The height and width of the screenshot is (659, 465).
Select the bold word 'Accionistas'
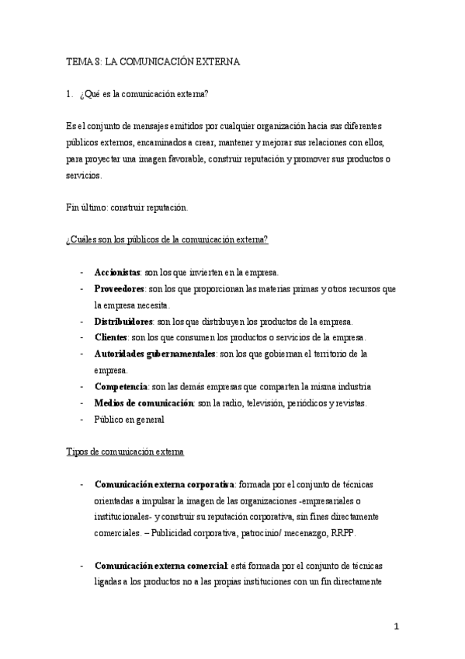116,273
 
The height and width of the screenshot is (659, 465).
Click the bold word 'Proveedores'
120,288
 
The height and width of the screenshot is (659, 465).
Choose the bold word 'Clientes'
110,337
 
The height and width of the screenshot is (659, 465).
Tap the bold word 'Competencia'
120,386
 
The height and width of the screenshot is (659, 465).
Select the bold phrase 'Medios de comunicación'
143,403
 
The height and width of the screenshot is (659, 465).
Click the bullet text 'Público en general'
129,419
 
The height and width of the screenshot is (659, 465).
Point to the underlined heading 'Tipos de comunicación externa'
124,452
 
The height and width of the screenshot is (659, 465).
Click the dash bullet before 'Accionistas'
82,273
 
